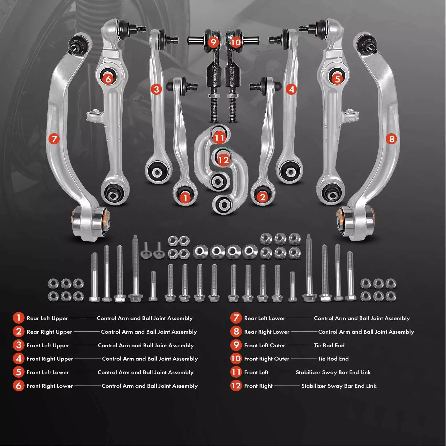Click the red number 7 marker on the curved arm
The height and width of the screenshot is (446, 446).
[x=54, y=139]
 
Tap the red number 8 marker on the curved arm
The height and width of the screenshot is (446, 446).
[x=391, y=139]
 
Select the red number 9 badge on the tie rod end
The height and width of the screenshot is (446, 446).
[x=213, y=42]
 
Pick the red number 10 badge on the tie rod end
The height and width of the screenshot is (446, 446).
[x=236, y=42]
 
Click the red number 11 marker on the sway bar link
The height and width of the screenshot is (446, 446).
[x=219, y=138]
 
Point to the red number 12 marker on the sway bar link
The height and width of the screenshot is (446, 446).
[x=223, y=160]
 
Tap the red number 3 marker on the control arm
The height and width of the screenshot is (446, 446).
[x=156, y=89]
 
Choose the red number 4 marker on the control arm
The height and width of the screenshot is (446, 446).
[x=291, y=89]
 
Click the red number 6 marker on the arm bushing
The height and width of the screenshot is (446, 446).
[x=108, y=79]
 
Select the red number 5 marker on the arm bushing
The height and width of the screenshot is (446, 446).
[x=337, y=79]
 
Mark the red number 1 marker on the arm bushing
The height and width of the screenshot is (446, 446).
[x=185, y=198]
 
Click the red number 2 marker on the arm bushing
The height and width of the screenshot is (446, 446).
[x=262, y=197]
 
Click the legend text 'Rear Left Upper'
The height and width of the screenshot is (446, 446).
[x=47, y=318]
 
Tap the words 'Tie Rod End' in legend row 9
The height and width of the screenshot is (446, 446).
[x=329, y=345]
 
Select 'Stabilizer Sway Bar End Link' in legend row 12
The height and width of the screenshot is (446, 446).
[x=339, y=386]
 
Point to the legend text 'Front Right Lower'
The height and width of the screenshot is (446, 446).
[x=50, y=386]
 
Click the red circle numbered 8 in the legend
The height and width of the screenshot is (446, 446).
[x=236, y=331]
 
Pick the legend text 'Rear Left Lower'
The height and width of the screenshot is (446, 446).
[x=265, y=318]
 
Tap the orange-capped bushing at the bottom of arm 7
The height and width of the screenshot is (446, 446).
[x=90, y=222]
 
